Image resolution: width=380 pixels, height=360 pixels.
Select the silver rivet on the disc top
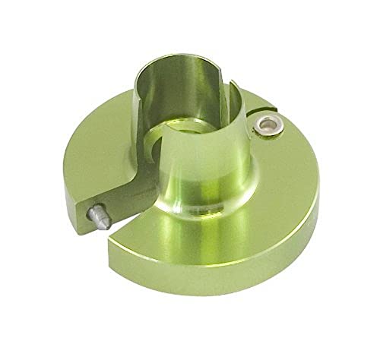pos(268,126)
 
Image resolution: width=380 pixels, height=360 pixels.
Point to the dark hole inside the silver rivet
pos(268,125)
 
